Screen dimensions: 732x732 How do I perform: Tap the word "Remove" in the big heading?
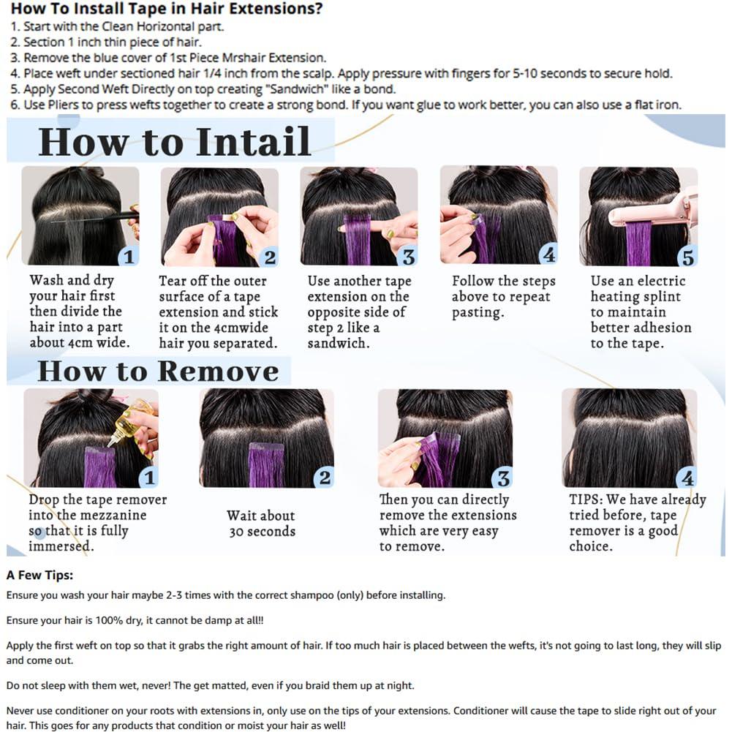[x=219, y=371]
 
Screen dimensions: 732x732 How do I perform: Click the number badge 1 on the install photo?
[x=129, y=257]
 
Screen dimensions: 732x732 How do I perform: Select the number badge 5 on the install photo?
[x=688, y=257]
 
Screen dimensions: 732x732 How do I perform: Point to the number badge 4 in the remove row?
[x=687, y=478]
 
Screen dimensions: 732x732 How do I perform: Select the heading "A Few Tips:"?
[x=39, y=575]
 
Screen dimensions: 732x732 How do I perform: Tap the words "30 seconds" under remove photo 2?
[x=263, y=532]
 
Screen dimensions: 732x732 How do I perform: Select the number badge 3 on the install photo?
[x=409, y=257]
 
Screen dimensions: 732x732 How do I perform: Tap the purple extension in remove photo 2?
[x=266, y=465]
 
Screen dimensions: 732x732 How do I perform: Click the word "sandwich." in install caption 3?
[x=339, y=343]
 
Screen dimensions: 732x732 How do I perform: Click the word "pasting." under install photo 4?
[x=478, y=312]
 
